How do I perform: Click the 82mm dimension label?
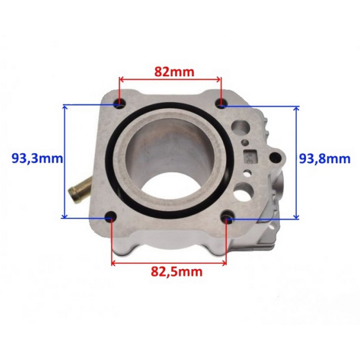(x=174, y=72)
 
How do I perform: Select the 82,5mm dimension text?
(x=176, y=272)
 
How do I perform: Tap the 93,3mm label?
(x=37, y=158)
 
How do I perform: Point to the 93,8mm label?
(x=324, y=159)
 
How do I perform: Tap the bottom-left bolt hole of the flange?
(x=111, y=216)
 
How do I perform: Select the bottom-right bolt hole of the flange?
(x=228, y=216)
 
